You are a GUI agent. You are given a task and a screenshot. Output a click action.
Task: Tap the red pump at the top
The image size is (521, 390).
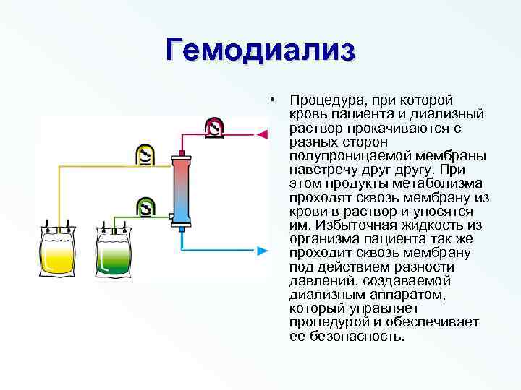(x=215, y=127)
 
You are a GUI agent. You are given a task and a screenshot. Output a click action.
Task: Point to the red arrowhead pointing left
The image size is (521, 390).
(x=263, y=134)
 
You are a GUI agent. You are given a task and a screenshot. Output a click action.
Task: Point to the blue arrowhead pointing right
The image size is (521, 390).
(x=263, y=251)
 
